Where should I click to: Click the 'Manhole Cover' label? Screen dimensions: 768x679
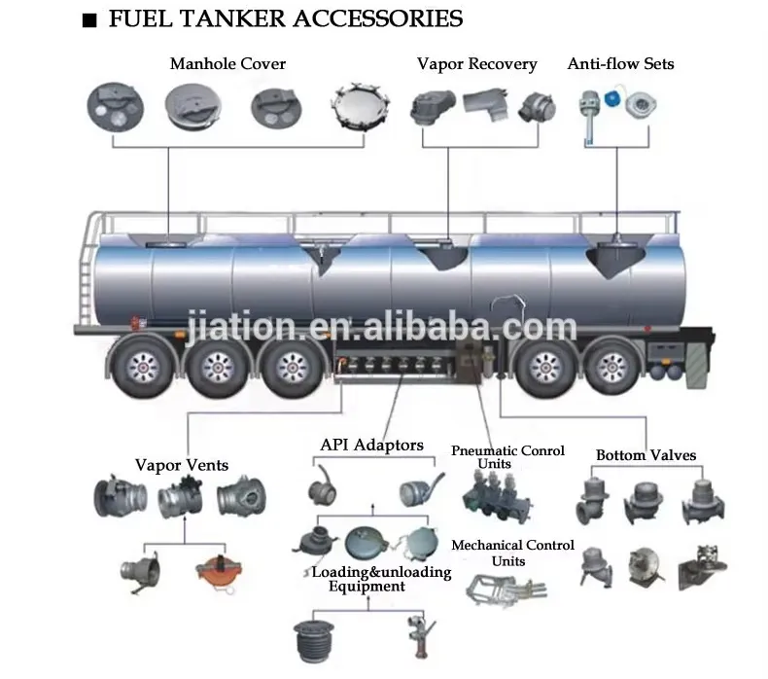[227, 64]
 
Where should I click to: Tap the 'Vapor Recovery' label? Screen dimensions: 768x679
[476, 64]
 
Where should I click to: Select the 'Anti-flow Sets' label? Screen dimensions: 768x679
[620, 64]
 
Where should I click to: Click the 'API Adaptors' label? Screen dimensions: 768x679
[371, 446]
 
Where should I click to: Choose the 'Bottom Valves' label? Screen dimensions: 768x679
[646, 454]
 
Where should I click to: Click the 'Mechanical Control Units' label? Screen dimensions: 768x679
[512, 553]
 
